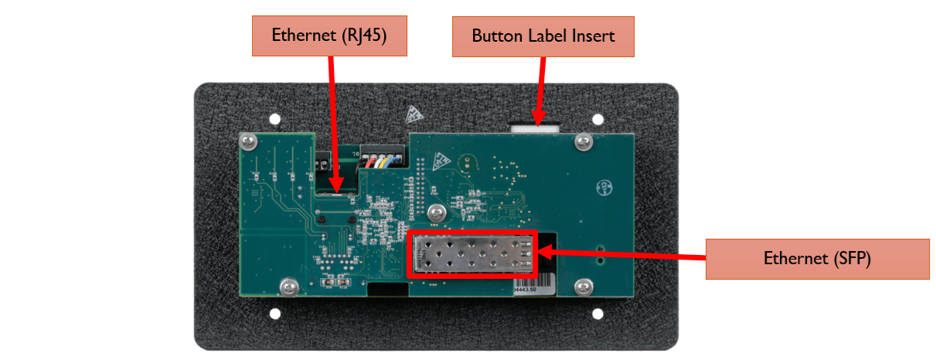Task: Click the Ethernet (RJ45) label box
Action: tap(328, 36)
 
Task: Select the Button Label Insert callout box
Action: tap(543, 36)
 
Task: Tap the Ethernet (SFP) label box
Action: tap(817, 259)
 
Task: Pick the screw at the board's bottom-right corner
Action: tap(583, 286)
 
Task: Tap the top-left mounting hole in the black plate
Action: tap(275, 120)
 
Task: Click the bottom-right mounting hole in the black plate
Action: tap(597, 314)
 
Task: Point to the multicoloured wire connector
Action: tap(378, 159)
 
